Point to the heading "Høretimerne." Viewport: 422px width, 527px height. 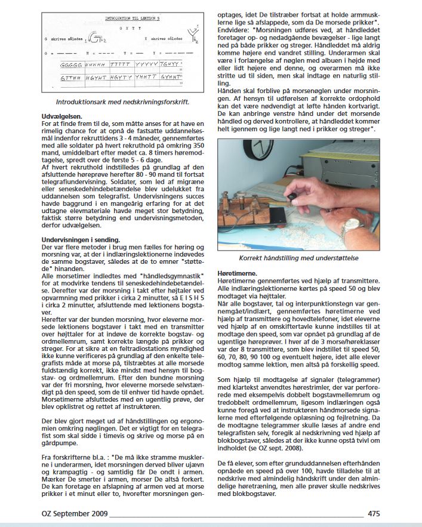pos(242,273)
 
